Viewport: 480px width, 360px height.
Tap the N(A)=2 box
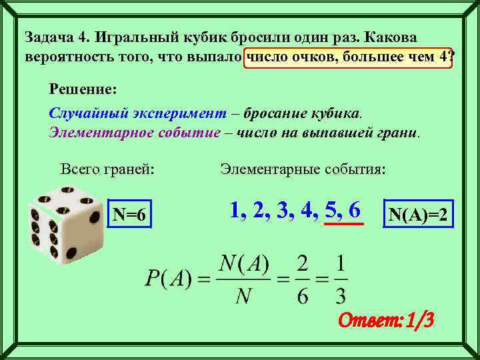(418, 215)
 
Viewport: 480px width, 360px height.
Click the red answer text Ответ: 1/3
(387, 321)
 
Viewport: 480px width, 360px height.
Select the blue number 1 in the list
(235, 210)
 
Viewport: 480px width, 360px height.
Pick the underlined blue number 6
(354, 210)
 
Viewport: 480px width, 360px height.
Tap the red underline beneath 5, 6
(343, 224)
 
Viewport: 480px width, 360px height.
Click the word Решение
(83, 88)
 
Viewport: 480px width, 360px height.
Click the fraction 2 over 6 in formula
(302, 279)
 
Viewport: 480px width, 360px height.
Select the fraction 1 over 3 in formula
(341, 279)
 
